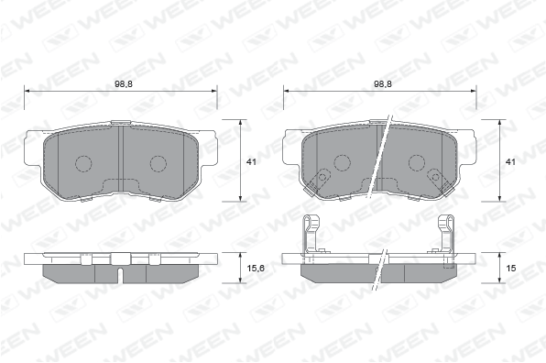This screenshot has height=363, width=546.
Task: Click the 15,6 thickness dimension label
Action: [256, 269]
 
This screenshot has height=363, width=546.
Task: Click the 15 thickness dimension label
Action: [511, 269]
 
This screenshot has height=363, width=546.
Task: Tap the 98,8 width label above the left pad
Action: [124, 84]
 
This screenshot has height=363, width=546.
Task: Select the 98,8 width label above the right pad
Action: [383, 84]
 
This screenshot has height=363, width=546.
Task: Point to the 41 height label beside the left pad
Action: [251, 161]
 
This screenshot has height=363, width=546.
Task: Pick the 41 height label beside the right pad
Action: [510, 161]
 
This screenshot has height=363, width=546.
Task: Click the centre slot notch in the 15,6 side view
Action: [120, 275]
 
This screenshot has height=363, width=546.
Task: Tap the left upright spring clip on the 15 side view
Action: [311, 234]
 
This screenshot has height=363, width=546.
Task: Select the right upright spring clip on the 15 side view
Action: [446, 234]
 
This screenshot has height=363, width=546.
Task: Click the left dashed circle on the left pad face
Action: [83, 163]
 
